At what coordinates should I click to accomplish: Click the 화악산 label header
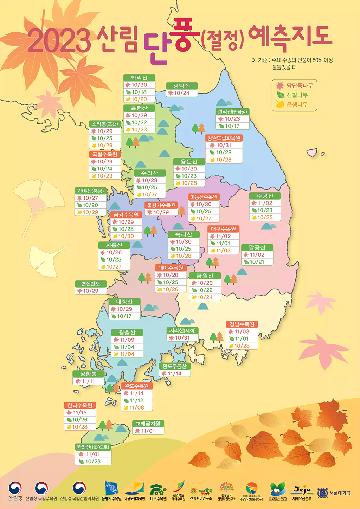(x=139, y=78)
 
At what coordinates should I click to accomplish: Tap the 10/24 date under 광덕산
(x=181, y=93)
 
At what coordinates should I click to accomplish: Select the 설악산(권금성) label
(x=232, y=112)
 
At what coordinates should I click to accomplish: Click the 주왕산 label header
(x=265, y=196)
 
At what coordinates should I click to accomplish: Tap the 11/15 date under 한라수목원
(x=80, y=413)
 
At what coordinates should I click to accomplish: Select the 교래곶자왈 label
(x=148, y=424)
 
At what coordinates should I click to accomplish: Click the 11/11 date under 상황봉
(x=88, y=381)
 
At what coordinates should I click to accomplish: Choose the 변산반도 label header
(x=90, y=284)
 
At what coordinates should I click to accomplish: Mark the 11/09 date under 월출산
(x=127, y=340)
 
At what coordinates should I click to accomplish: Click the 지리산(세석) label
(x=182, y=330)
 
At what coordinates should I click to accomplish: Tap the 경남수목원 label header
(x=242, y=324)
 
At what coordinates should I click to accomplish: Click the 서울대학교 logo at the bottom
(x=334, y=493)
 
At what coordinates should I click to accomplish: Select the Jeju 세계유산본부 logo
(x=302, y=492)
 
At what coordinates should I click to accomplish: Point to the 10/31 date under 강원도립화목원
(x=224, y=145)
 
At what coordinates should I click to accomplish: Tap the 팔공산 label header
(x=257, y=247)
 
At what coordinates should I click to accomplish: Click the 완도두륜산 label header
(x=174, y=366)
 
